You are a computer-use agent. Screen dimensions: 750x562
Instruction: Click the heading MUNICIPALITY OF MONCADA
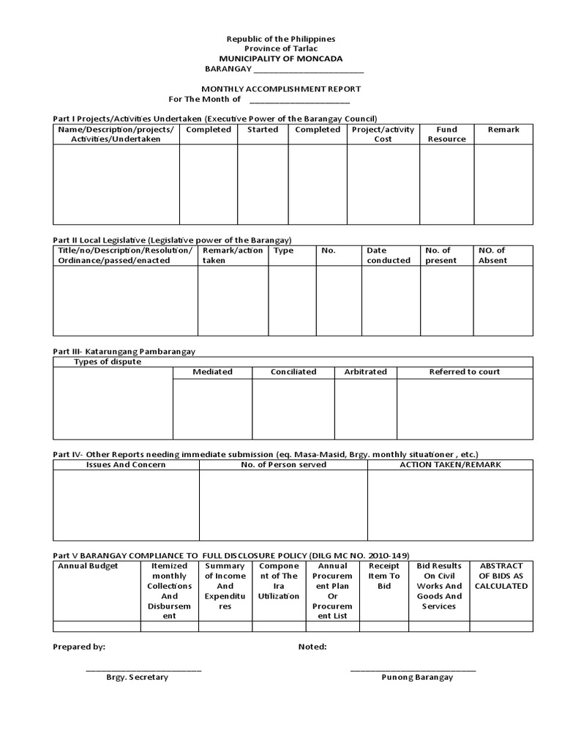281,59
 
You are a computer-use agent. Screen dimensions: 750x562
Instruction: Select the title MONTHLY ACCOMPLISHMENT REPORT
281,89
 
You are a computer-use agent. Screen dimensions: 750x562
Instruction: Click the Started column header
263,130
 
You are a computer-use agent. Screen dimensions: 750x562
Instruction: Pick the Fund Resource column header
446,134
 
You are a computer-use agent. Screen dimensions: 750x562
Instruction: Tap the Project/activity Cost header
383,134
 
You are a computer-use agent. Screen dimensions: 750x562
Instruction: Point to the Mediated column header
212,372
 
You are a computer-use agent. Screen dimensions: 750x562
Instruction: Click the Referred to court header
465,372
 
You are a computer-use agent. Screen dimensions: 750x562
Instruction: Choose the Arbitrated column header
365,372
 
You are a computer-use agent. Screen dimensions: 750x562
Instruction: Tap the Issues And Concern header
126,465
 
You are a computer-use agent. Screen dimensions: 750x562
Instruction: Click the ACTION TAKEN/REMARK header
450,465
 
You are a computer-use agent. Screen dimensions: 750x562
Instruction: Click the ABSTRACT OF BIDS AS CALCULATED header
503,576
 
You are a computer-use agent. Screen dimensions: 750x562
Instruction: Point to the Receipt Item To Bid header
383,576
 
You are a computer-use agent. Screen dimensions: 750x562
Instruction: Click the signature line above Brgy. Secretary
143,669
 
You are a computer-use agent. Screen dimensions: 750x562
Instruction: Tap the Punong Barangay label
417,677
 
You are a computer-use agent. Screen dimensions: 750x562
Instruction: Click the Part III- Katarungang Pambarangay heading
124,352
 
